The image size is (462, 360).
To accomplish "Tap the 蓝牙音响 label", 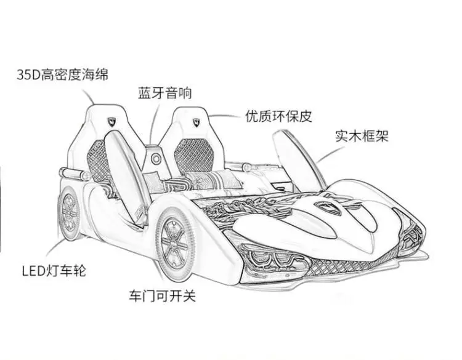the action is coord(164,93).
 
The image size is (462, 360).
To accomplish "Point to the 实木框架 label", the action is coord(362,135).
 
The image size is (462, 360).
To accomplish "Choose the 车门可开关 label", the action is coord(163,295).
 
